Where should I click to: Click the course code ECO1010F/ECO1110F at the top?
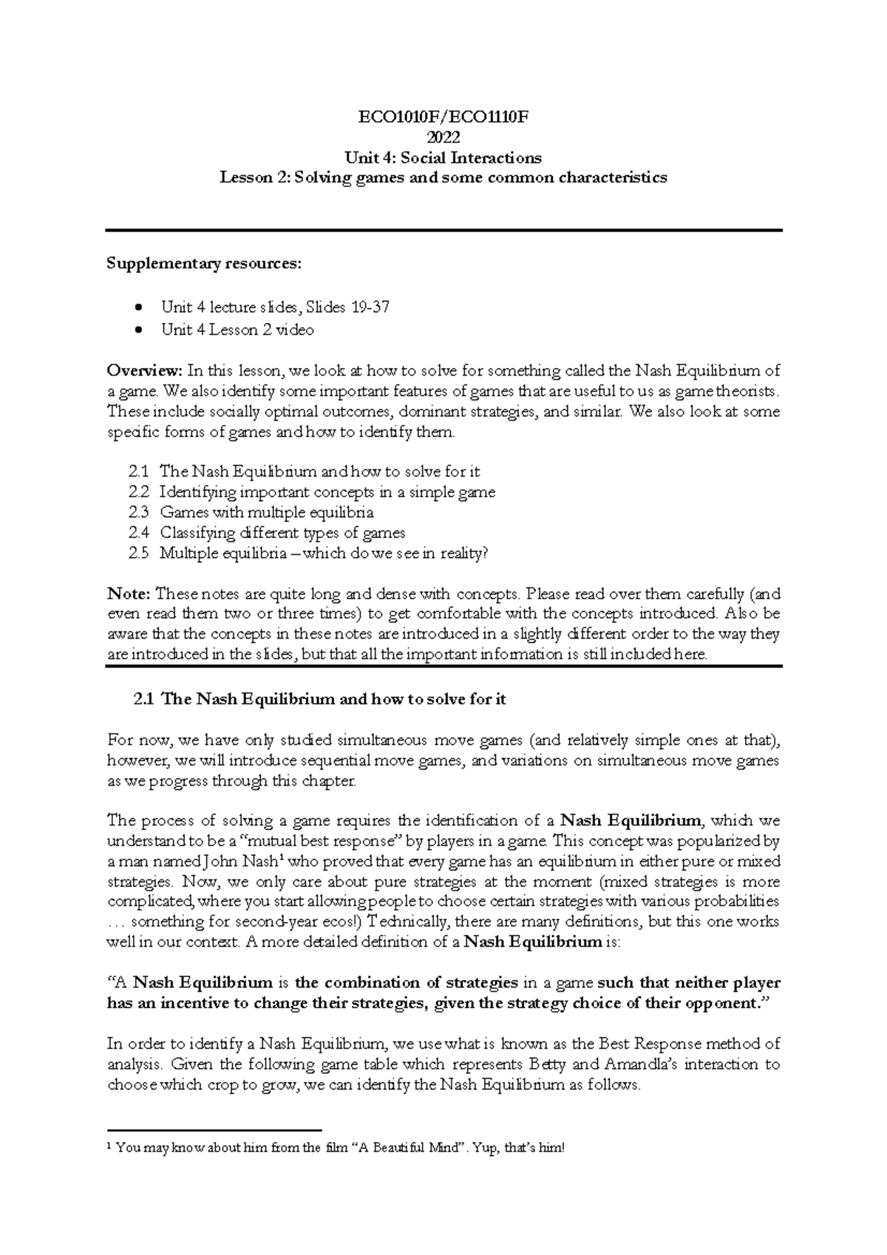pyautogui.click(x=443, y=117)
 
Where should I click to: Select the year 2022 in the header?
pyautogui.click(x=443, y=137)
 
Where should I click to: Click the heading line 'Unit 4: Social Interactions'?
pyautogui.click(x=443, y=157)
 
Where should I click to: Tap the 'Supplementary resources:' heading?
pyautogui.click(x=205, y=264)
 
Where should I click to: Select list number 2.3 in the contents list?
pyautogui.click(x=138, y=512)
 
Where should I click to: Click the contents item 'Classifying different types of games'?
pyautogui.click(x=282, y=532)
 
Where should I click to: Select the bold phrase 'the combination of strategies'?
pyautogui.click(x=406, y=983)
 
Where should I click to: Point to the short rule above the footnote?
pyautogui.click(x=214, y=1130)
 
